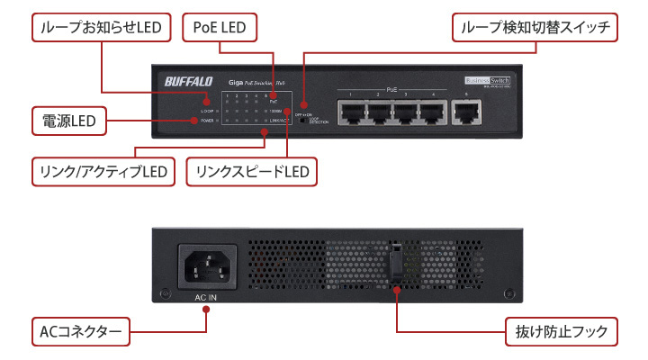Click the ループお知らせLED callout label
point(100,28)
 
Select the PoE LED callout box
point(220,28)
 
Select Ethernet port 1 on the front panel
point(351,112)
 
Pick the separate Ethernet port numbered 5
point(466,112)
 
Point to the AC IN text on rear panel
point(204,296)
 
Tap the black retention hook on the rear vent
point(397,267)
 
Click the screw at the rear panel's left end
point(163,293)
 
